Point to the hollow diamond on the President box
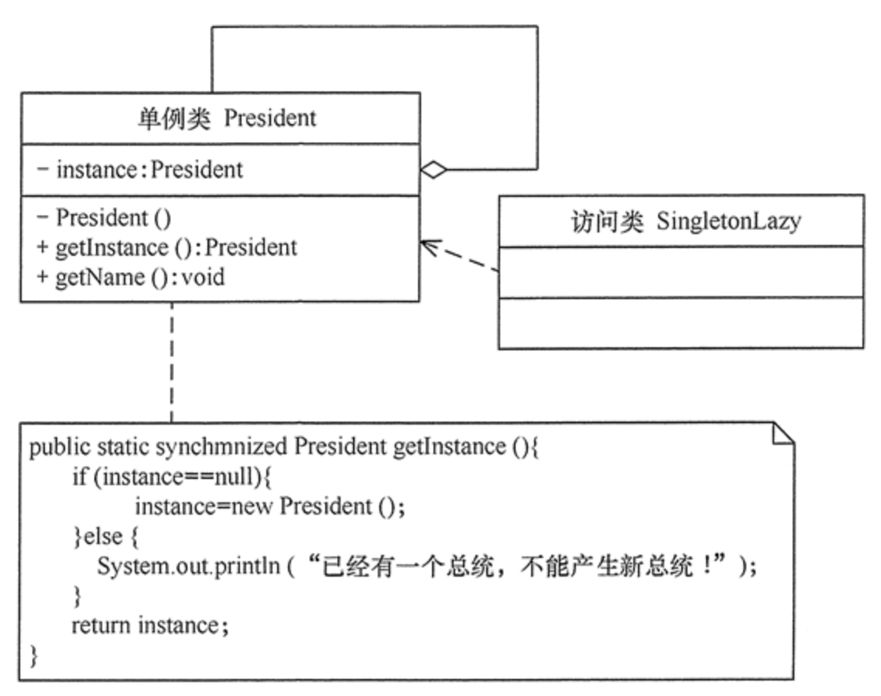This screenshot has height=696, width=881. [434, 170]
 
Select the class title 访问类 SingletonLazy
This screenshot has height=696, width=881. [680, 221]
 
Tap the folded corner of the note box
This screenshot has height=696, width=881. [783, 433]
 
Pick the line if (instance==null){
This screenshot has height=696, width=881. [171, 477]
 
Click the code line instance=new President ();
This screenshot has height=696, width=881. [270, 507]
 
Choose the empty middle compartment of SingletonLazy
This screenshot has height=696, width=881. [680, 271]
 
